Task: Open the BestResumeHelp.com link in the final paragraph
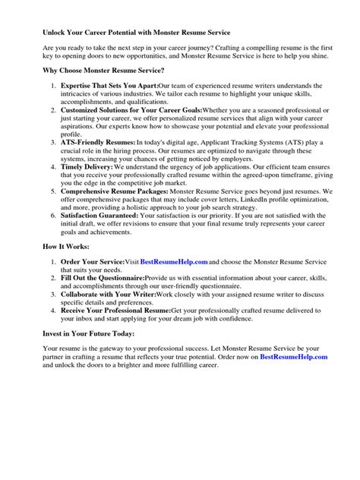[x=293, y=355]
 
